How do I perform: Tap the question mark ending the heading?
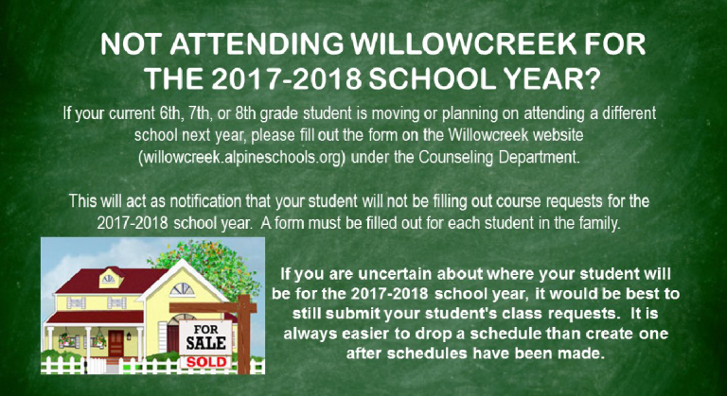coord(591,78)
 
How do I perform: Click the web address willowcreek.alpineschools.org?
coord(242,158)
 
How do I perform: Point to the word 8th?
coord(246,114)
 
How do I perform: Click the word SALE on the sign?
coord(205,343)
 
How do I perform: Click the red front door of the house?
coord(115,343)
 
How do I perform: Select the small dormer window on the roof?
coord(109,280)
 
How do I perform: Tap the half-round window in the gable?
coord(182,289)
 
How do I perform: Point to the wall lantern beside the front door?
coord(129,336)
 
